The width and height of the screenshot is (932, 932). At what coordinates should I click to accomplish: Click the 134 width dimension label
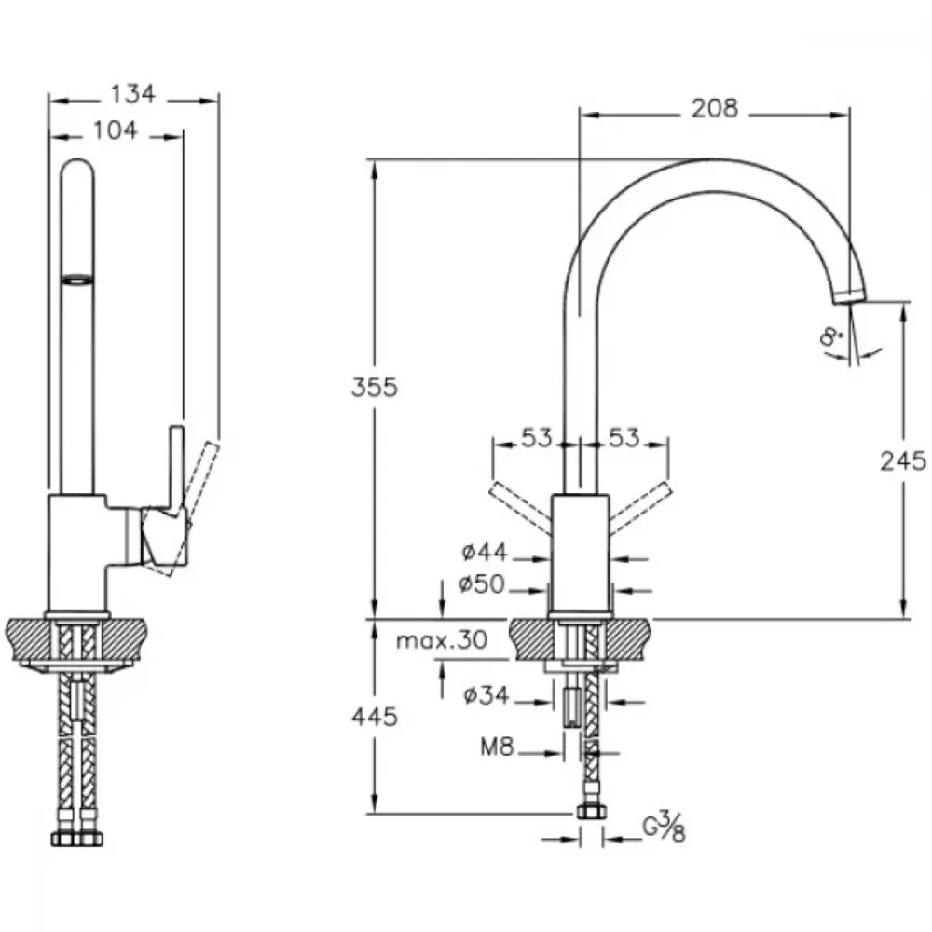[133, 93]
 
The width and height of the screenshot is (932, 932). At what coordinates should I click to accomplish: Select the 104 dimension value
[116, 130]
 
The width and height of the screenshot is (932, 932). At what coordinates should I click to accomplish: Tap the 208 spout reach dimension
[715, 108]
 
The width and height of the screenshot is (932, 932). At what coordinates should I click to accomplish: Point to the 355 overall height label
[374, 387]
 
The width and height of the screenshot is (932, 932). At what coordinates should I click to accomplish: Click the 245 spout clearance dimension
[903, 460]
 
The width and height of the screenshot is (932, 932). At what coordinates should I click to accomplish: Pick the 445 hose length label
[375, 717]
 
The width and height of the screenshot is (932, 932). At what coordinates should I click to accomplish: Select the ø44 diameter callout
[485, 553]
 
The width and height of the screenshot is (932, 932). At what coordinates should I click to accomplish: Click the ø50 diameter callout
[482, 584]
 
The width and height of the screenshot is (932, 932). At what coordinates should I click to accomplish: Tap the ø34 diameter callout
[487, 695]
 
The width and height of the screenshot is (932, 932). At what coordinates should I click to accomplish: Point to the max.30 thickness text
[442, 640]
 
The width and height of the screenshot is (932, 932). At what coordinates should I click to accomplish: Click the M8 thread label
[497, 747]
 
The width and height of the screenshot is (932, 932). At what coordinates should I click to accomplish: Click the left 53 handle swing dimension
[537, 438]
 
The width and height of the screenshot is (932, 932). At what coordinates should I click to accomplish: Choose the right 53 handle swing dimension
[624, 438]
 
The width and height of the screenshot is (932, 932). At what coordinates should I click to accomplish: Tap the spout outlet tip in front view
[850, 296]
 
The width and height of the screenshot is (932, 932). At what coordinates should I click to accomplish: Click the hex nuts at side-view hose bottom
[76, 838]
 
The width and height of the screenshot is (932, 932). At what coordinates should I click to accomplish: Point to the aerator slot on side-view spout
[77, 279]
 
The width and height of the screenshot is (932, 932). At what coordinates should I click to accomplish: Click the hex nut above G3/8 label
[592, 813]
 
